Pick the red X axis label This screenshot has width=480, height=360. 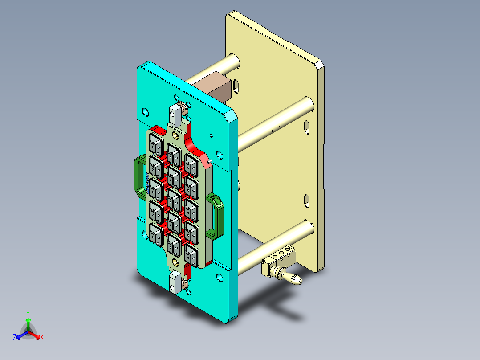click(x=42, y=338)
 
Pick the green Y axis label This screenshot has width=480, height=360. click(x=28, y=313)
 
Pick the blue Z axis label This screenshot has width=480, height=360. click(x=15, y=338)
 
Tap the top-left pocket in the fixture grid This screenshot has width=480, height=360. click(x=155, y=144)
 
